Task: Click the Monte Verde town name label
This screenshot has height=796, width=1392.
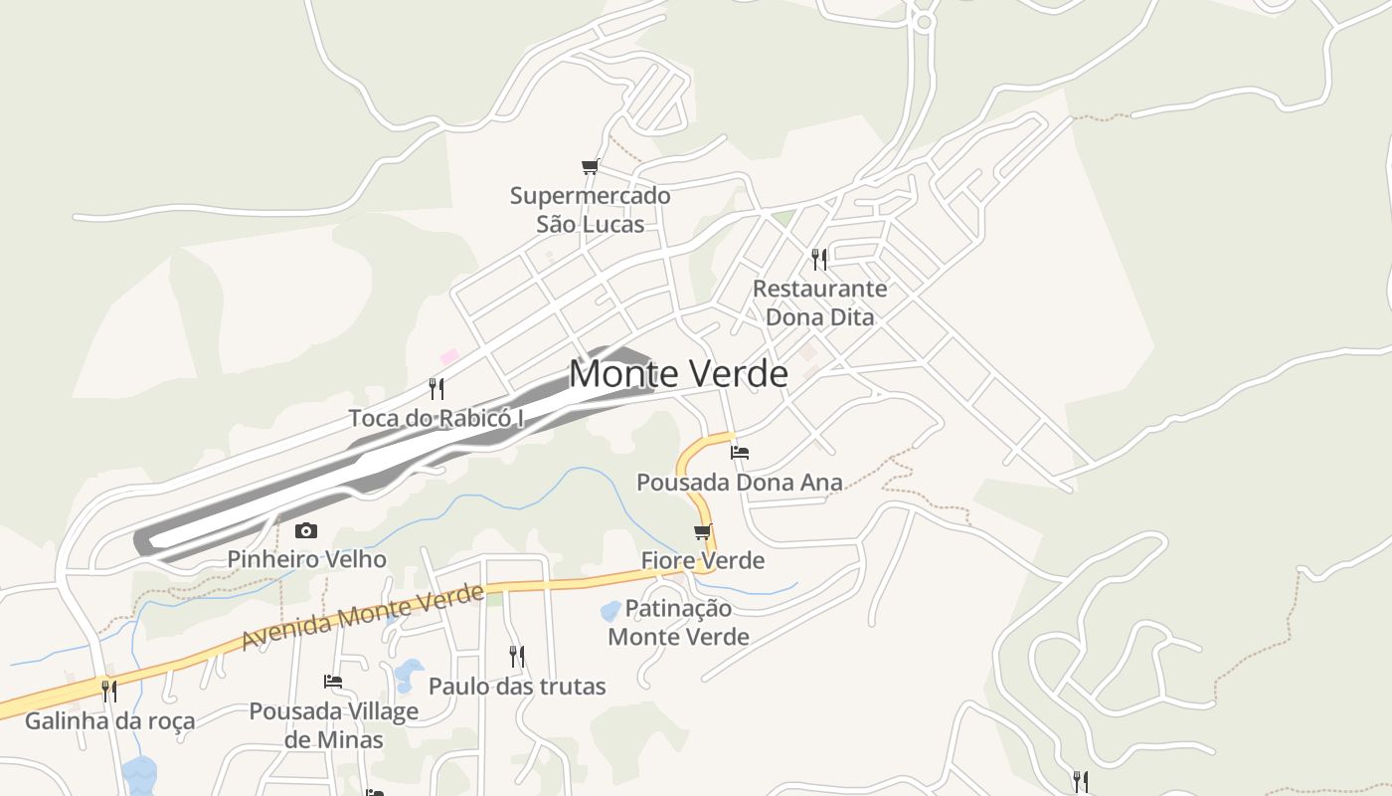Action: click(678, 374)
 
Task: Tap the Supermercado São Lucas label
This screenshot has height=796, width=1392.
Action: click(591, 210)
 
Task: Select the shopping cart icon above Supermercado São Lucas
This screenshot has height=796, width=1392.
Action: click(590, 166)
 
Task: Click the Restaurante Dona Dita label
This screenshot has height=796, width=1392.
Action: click(819, 302)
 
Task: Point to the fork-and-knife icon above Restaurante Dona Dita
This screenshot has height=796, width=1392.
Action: click(819, 260)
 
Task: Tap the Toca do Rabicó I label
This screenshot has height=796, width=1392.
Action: click(435, 418)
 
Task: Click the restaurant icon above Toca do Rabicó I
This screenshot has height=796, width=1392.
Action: click(435, 388)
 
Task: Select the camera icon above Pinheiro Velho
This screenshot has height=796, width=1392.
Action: click(306, 530)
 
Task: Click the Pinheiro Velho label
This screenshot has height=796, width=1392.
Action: click(306, 559)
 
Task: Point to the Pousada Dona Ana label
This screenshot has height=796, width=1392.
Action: click(739, 483)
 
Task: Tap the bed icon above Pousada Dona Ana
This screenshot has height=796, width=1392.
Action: click(739, 452)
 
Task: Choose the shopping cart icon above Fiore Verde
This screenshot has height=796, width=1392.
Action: click(703, 531)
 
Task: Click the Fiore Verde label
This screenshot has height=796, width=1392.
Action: click(703, 560)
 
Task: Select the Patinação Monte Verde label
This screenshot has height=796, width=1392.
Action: click(678, 622)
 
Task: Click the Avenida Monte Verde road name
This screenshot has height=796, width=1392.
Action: click(363, 617)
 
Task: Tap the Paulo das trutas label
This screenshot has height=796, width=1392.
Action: click(516, 686)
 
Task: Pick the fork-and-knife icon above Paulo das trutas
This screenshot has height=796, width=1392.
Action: click(516, 656)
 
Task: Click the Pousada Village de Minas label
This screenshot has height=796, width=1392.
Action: click(333, 725)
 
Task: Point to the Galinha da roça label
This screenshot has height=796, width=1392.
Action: click(109, 720)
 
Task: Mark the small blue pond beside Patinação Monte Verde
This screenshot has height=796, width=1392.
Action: click(610, 610)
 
